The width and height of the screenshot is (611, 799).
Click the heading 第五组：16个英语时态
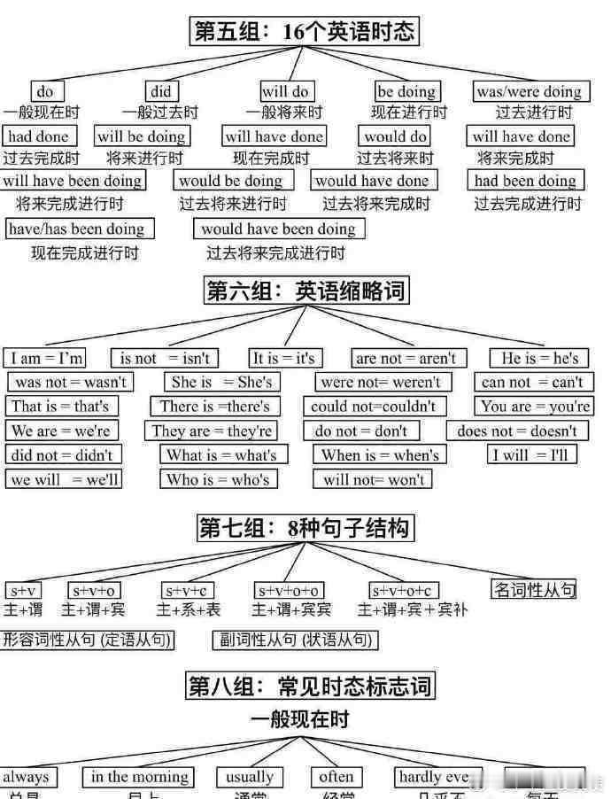click(305, 32)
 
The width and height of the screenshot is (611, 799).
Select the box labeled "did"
click(160, 91)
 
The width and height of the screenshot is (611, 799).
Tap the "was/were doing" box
click(529, 91)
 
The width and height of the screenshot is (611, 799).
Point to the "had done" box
click(40, 136)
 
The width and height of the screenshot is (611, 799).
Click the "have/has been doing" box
click(79, 229)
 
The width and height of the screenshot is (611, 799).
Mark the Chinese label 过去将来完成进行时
click(275, 252)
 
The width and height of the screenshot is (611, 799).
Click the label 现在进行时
click(409, 112)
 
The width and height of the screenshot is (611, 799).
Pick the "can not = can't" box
click(532, 382)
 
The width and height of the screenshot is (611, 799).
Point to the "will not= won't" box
click(373, 479)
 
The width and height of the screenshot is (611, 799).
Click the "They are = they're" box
click(212, 431)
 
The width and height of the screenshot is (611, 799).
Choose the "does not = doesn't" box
click(517, 431)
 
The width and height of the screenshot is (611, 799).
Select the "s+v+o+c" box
click(404, 590)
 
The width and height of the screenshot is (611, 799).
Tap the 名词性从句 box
click(534, 588)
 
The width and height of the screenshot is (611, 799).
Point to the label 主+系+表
click(189, 609)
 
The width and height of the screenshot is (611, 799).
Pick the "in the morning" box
click(141, 777)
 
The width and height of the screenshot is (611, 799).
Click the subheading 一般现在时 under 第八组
click(300, 718)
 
